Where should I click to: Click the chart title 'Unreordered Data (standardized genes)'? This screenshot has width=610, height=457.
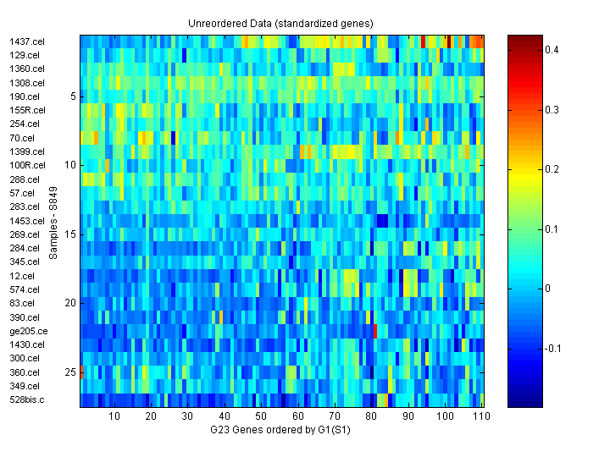click(x=280, y=23)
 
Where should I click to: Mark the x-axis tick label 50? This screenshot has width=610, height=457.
click(x=261, y=416)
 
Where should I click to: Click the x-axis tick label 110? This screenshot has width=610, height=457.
click(x=480, y=416)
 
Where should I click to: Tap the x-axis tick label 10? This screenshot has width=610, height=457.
click(x=114, y=416)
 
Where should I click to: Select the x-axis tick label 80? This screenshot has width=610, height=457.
click(x=371, y=416)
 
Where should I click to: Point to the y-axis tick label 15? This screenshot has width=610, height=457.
click(x=71, y=234)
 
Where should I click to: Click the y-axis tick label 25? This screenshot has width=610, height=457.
click(x=71, y=372)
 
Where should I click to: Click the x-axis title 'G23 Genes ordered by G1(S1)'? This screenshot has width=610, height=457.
click(x=280, y=430)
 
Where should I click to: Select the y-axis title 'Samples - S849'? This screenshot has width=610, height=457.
click(x=53, y=222)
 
